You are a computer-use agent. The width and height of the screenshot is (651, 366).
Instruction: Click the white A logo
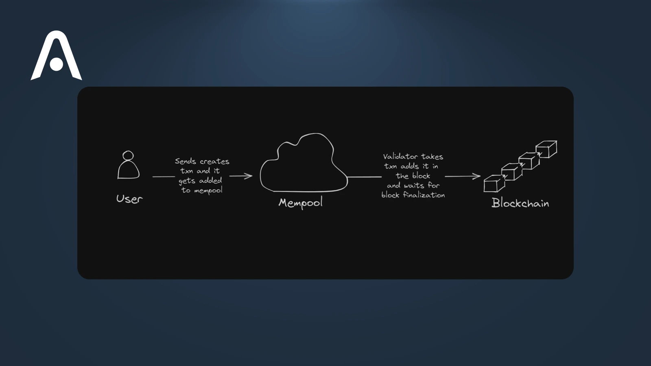pos(56,56)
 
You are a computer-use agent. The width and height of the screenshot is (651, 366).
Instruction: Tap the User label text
pos(129,199)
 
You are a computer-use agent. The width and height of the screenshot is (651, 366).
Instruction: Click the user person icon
pos(128,166)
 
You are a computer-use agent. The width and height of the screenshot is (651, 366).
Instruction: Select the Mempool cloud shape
pos(303,165)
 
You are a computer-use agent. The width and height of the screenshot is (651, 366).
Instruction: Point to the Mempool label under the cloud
pos(300,203)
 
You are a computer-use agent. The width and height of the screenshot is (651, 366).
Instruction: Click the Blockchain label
pos(520,203)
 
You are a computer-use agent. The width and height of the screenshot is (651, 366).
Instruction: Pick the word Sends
pos(185,161)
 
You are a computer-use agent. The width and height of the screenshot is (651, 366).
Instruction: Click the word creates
pos(214,161)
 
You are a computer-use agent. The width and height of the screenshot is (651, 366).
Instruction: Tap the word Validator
pos(400,157)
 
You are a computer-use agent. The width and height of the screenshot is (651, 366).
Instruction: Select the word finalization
pos(424,195)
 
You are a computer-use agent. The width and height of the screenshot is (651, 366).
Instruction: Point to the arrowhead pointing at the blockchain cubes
pos(476,176)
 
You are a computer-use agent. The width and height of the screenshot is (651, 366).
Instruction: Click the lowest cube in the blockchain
pos(494,183)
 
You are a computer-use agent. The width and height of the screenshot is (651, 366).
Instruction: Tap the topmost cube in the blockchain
pos(546,149)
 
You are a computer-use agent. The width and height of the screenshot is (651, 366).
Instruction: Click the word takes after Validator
pos(432,157)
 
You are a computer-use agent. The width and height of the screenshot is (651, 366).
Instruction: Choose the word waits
pos(414,185)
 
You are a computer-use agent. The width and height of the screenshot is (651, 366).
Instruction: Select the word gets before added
pos(187,181)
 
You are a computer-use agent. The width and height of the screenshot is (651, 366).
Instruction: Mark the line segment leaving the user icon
pos(164,176)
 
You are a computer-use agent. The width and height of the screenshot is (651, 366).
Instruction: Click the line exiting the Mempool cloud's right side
pos(365,177)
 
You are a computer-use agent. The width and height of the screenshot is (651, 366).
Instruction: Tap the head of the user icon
pos(128,155)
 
